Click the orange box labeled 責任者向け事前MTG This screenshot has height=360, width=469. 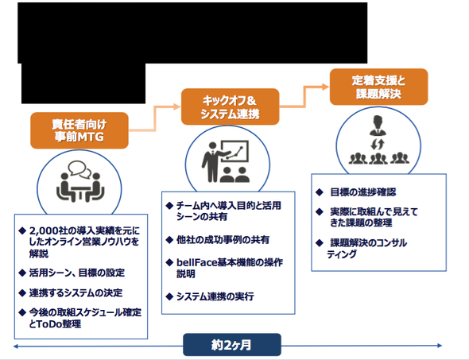point(79,130)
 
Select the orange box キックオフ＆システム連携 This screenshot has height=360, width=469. point(230,106)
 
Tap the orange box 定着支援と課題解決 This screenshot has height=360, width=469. point(378,87)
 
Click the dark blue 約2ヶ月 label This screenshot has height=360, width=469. point(232,345)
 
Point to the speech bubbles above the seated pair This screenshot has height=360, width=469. point(79,169)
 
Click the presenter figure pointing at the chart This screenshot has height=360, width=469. point(213,161)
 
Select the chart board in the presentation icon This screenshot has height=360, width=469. point(235,151)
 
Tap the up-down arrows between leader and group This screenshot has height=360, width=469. point(377,145)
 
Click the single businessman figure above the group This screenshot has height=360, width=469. point(378,126)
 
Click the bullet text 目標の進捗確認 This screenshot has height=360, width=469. point(362,192)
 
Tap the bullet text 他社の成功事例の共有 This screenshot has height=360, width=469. point(223,239)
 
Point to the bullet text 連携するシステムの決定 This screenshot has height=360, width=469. point(76,292)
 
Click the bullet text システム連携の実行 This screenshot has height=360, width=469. point(215,296)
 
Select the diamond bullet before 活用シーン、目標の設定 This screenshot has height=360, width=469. point(22,273)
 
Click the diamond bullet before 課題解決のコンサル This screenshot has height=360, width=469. point(319,242)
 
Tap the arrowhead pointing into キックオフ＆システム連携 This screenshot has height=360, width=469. point(176,106)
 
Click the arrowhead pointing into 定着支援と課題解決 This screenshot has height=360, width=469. point(325,87)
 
